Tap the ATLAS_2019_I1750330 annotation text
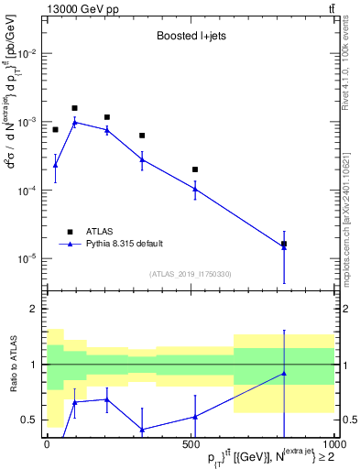[190, 274]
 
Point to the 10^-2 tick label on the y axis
[25, 54]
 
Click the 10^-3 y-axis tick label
[25, 122]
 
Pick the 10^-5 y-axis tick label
[25, 258]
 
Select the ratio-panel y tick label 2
[32, 310]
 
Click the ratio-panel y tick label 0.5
[28, 420]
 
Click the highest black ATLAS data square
[75, 108]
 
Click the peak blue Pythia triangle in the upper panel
[75, 122]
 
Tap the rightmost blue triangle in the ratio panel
[284, 373]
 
